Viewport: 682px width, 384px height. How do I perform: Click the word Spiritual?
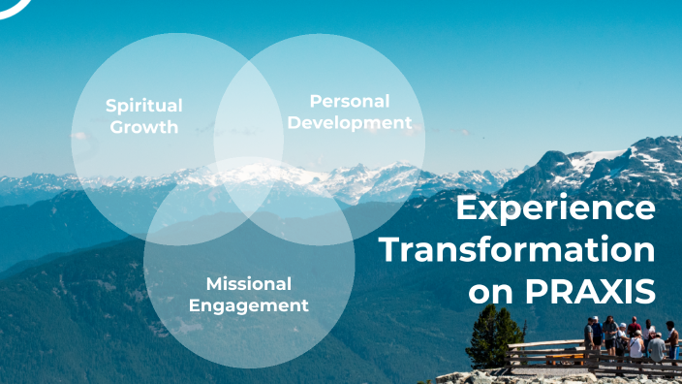coord(143,106)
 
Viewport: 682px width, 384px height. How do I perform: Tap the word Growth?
coord(143,127)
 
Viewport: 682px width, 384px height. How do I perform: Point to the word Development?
coord(350,123)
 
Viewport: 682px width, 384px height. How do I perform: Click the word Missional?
coord(248,284)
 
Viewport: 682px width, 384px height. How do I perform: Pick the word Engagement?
coord(248,305)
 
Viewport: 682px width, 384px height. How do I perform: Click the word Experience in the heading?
coord(555,208)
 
